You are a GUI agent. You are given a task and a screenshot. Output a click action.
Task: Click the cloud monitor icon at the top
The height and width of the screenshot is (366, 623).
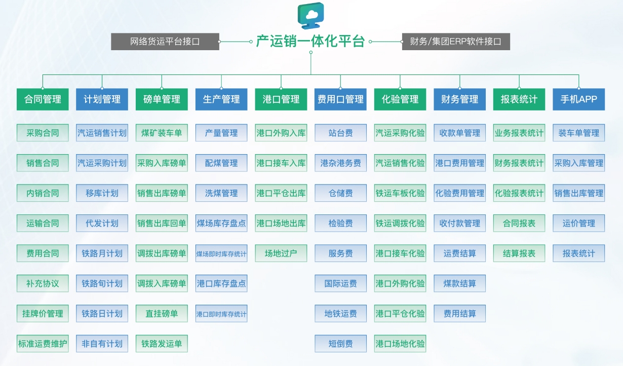click(x=310, y=15)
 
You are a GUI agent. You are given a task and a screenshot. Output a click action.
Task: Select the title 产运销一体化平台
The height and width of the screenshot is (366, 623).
click(x=310, y=42)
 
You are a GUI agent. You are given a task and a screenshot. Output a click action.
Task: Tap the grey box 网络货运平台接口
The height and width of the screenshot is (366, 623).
click(x=165, y=42)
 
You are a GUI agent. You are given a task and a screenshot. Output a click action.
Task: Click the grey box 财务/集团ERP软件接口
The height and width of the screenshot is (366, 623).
click(x=455, y=42)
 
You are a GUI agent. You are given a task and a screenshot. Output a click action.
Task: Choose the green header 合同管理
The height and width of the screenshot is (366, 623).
click(x=43, y=99)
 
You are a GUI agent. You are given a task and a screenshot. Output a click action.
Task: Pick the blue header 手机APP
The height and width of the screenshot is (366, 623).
click(x=578, y=99)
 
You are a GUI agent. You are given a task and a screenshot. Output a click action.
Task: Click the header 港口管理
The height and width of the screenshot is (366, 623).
click(x=281, y=99)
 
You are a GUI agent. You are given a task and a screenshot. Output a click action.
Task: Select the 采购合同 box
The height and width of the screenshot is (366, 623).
click(x=43, y=133)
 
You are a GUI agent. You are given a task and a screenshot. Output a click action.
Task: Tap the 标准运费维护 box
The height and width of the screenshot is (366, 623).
click(x=43, y=344)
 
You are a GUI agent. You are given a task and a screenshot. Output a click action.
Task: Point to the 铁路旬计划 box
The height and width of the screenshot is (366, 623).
click(x=102, y=283)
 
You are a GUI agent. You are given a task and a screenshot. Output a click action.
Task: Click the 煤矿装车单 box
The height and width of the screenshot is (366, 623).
click(x=162, y=133)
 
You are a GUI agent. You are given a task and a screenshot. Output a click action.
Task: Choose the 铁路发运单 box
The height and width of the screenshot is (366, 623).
click(x=162, y=344)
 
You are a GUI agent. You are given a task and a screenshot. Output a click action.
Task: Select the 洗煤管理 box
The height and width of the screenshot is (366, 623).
click(x=221, y=193)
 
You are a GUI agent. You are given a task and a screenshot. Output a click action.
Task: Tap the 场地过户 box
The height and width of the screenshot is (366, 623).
click(x=281, y=253)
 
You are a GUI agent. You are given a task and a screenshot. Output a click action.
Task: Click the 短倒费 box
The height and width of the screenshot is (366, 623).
click(x=340, y=344)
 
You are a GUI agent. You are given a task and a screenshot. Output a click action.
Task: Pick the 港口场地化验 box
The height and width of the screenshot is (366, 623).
click(x=400, y=344)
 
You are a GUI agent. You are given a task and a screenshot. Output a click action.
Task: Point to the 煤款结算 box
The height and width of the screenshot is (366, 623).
click(x=459, y=283)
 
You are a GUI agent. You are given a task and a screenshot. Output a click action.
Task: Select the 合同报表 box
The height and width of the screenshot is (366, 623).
click(x=519, y=223)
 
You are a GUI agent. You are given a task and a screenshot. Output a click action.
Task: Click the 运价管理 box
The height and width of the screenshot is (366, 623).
click(x=578, y=223)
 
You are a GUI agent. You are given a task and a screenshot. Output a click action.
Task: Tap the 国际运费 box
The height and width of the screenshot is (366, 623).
click(x=340, y=283)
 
